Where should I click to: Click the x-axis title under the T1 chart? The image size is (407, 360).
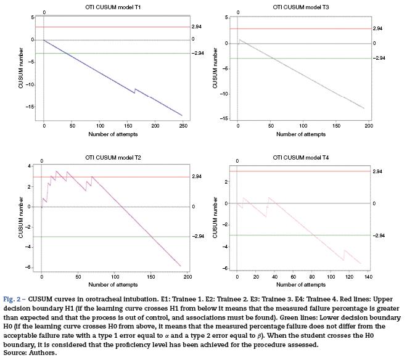[x=113, y=134]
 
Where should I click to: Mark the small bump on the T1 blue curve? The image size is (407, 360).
[x=136, y=90]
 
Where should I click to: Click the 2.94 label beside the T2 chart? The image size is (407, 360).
[x=197, y=177]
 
